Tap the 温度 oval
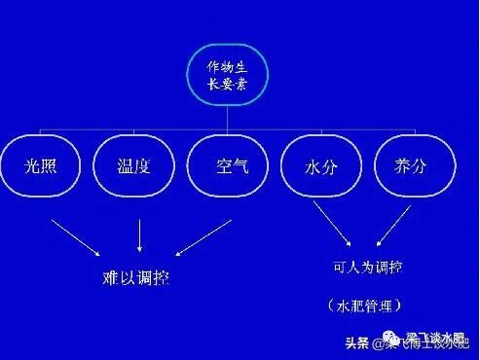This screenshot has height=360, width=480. coord(133,164)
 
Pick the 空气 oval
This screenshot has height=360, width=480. coord(230,164)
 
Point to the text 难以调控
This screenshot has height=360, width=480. coord(135,277)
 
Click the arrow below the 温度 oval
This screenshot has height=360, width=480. coord(141,235)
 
